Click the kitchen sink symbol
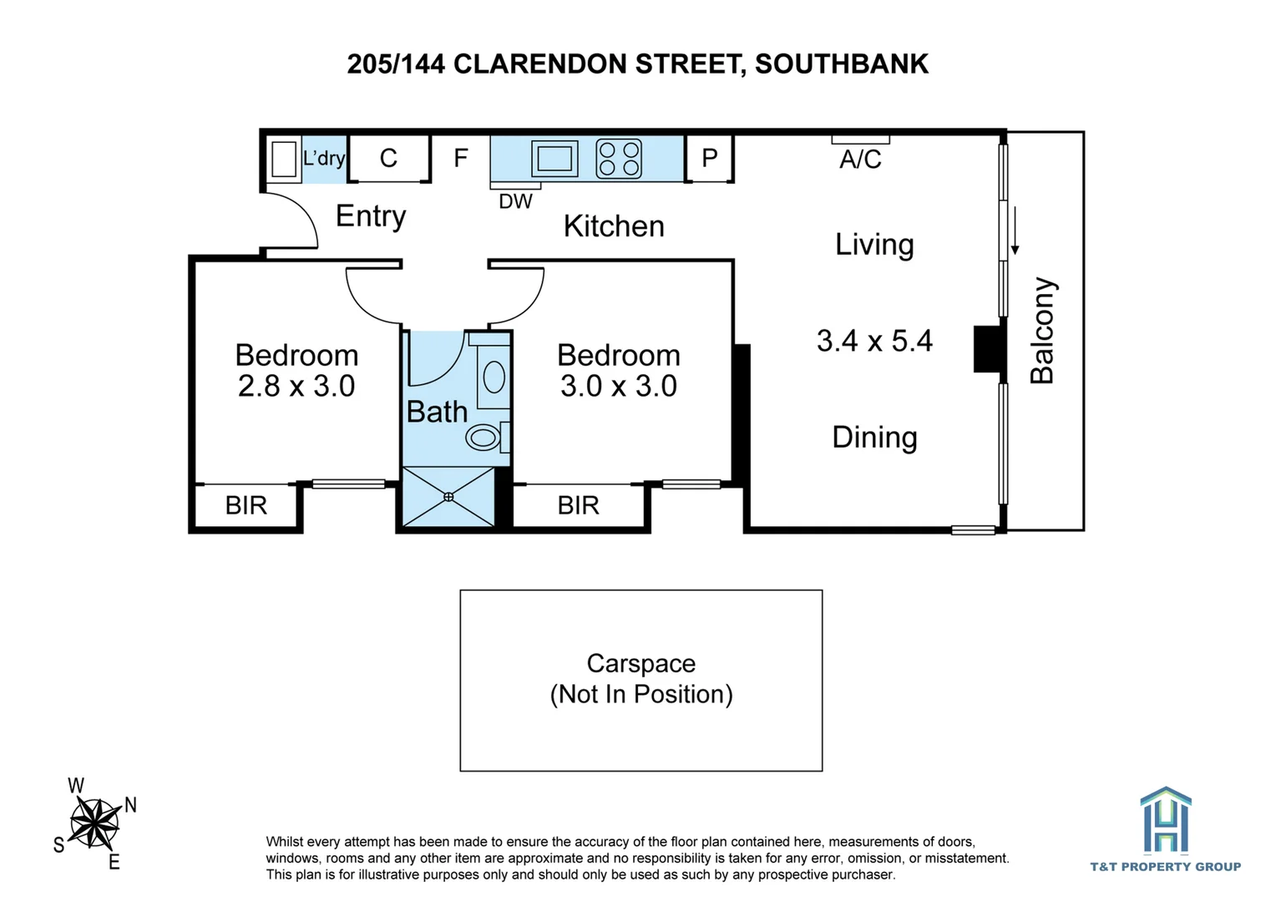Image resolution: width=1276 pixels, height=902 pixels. pos(554,158)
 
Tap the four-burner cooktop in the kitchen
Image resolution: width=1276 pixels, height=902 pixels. pos(619,159)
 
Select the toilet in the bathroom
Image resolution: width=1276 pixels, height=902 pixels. pos(485,437)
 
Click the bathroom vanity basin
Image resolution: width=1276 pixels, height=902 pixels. pos(494,377)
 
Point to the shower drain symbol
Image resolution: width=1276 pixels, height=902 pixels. pos(448,497)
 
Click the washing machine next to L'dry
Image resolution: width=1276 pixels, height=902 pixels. pos(284,159)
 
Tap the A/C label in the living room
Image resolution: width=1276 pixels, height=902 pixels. pos(860,160)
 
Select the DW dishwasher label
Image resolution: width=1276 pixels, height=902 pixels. pos(515,201)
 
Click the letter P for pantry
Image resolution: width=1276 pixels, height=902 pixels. pos(710,158)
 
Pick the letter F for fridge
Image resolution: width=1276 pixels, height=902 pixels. pos(461,158)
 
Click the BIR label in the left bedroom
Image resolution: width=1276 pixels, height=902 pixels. pos(246,505)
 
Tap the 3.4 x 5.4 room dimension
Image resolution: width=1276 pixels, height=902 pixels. pos(874,341)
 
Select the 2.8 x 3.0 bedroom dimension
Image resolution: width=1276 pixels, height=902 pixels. pos(296,386)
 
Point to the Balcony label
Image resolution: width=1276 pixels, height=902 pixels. pos(1042,331)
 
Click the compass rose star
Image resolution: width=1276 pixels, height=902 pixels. pos(94,823)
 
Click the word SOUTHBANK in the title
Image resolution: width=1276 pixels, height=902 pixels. pos(842,64)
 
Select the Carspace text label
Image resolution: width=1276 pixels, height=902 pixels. pos(641,663)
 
